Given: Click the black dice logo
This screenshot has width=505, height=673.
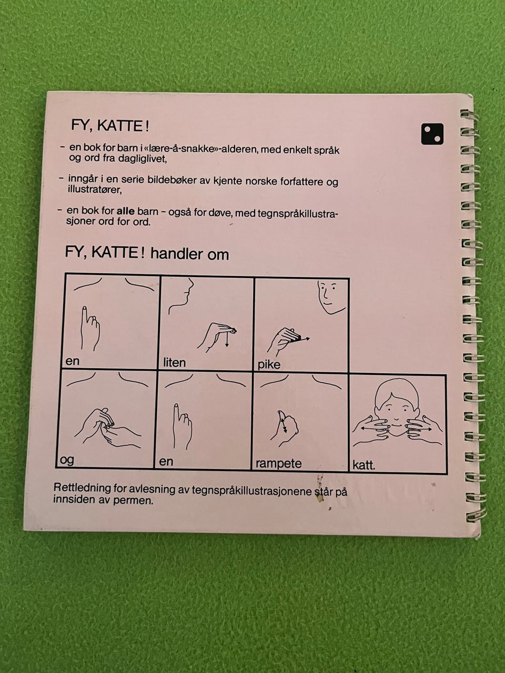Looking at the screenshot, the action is [432, 134].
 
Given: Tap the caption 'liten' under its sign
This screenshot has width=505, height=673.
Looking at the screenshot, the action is [175, 363].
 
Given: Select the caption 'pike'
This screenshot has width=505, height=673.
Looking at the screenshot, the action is [269, 364].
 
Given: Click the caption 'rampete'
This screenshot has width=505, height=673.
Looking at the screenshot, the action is [278, 463].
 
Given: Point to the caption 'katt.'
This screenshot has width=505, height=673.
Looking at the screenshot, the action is [363, 465].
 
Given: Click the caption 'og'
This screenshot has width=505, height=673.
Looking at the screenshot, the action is [67, 460].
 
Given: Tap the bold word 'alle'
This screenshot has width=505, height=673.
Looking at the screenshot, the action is [126, 211].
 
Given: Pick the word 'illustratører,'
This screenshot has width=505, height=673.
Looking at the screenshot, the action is [95, 190].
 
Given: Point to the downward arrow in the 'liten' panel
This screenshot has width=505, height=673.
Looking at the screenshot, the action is [227, 339].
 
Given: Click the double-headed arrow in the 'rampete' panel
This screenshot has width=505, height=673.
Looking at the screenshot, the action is [283, 424].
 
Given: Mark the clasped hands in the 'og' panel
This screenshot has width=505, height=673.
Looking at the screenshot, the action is [107, 427].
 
